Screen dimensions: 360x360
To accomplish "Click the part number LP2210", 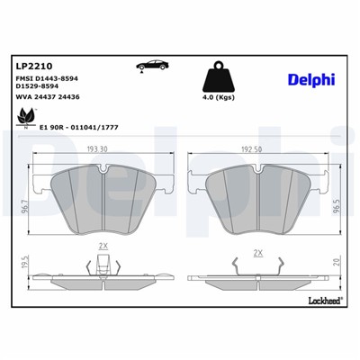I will point(34,66).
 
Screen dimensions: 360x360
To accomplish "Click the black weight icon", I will point(220,76).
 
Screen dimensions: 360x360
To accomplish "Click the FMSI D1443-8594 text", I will point(49,81).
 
